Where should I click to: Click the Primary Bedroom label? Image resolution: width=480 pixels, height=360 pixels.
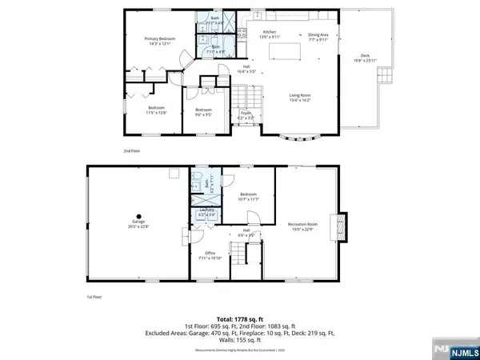160,40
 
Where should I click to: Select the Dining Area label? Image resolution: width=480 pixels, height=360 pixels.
318,36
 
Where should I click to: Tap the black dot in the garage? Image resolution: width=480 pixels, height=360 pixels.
138,216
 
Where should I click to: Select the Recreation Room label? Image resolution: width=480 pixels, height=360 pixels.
303,226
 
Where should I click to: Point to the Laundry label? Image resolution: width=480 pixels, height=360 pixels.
206,213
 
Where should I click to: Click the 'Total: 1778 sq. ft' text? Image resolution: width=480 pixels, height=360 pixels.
239,318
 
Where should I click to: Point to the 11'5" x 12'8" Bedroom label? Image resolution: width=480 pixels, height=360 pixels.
156,110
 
